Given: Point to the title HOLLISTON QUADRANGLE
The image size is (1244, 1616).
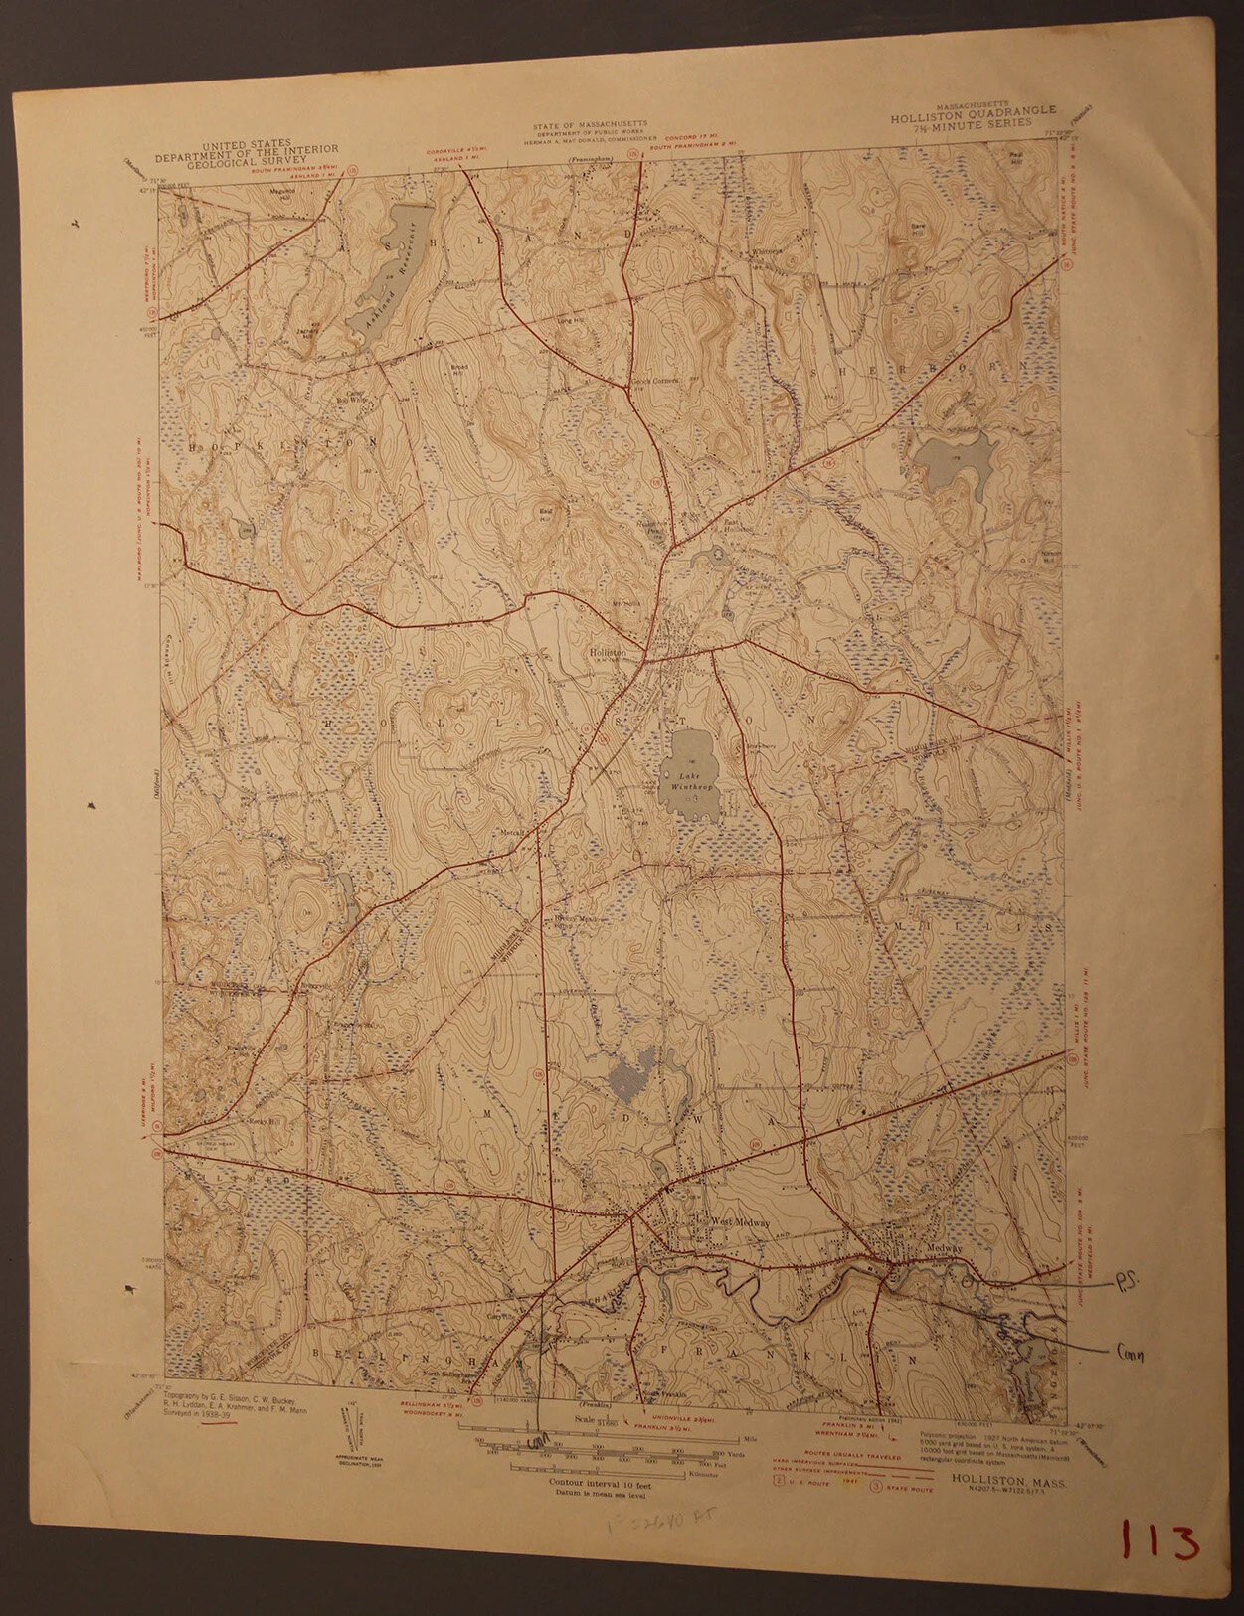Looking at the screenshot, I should [x=974, y=114].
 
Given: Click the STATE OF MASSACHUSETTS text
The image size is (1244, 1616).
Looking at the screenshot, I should [x=590, y=125].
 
